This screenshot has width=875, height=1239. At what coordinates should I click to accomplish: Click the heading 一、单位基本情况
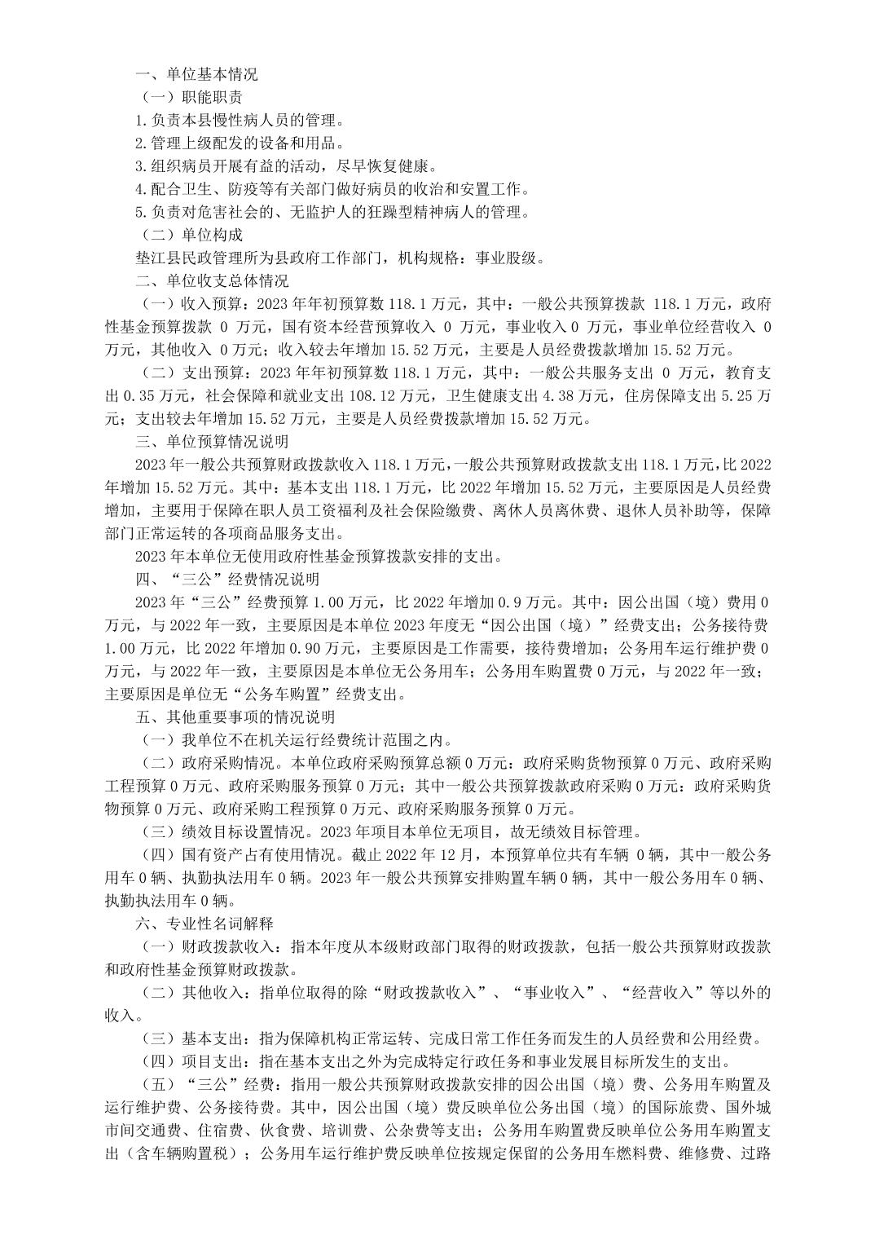click(x=196, y=74)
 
